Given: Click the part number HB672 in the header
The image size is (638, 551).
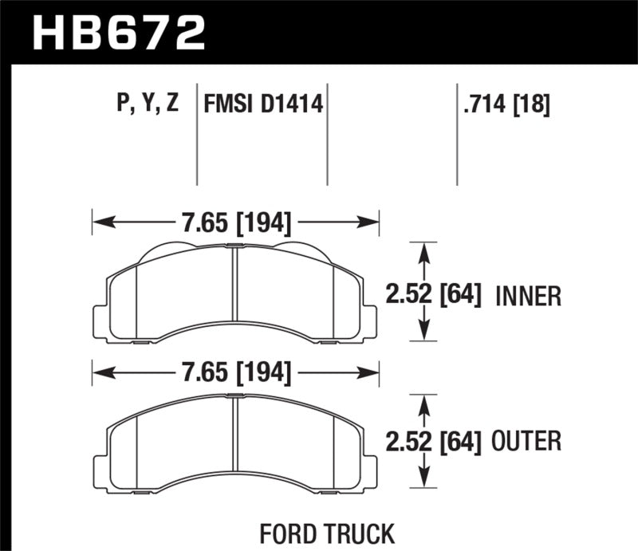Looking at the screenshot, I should pyautogui.click(x=117, y=33).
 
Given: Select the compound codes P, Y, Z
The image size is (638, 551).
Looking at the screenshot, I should pyautogui.click(x=145, y=104).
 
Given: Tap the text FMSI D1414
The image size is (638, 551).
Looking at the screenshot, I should pyautogui.click(x=263, y=104).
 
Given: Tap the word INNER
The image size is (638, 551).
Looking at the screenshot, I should pyautogui.click(x=529, y=297).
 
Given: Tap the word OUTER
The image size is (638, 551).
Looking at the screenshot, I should pyautogui.click(x=529, y=440).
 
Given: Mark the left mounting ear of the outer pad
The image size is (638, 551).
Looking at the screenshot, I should pyautogui.click(x=100, y=466).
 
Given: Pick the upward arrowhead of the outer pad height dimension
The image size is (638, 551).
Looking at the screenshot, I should pyautogui.click(x=425, y=404).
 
